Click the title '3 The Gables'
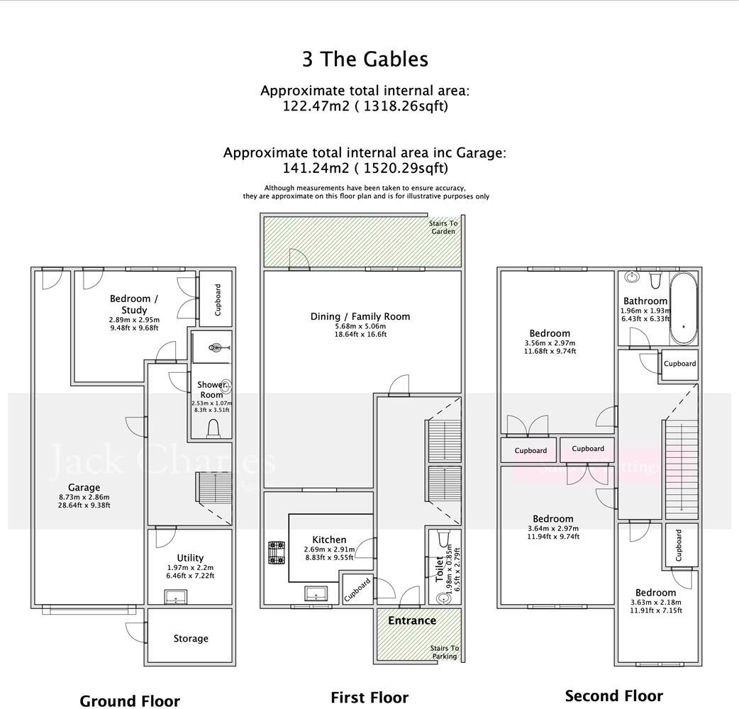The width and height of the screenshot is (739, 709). (x=365, y=59)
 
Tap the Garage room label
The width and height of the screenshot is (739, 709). (x=84, y=488)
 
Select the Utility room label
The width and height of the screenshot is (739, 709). (x=190, y=558)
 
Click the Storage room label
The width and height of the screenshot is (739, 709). (x=191, y=639)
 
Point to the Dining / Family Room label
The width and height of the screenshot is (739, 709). (x=360, y=317)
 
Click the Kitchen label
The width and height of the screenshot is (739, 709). (x=329, y=540)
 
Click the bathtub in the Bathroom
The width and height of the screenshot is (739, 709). (x=684, y=308)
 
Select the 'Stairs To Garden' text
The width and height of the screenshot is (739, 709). (x=444, y=228)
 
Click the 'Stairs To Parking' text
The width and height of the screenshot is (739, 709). (x=445, y=652)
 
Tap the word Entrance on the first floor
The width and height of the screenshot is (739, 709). (x=412, y=621)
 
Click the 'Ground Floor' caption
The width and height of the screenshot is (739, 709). (x=130, y=701)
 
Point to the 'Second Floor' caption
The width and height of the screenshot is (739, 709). (x=613, y=696)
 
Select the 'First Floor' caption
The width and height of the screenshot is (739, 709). (x=369, y=698)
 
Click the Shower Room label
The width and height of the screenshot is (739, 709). (x=211, y=389)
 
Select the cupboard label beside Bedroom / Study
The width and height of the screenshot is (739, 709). (x=218, y=299)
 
